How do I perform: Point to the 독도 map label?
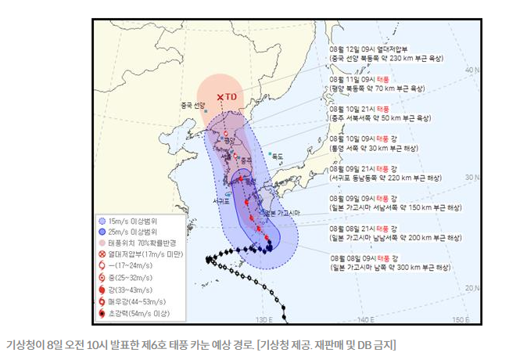tap(277, 157)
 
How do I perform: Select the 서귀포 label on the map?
tap(221, 201)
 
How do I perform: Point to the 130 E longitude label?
tap(264, 319)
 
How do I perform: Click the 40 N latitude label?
tap(471, 70)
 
